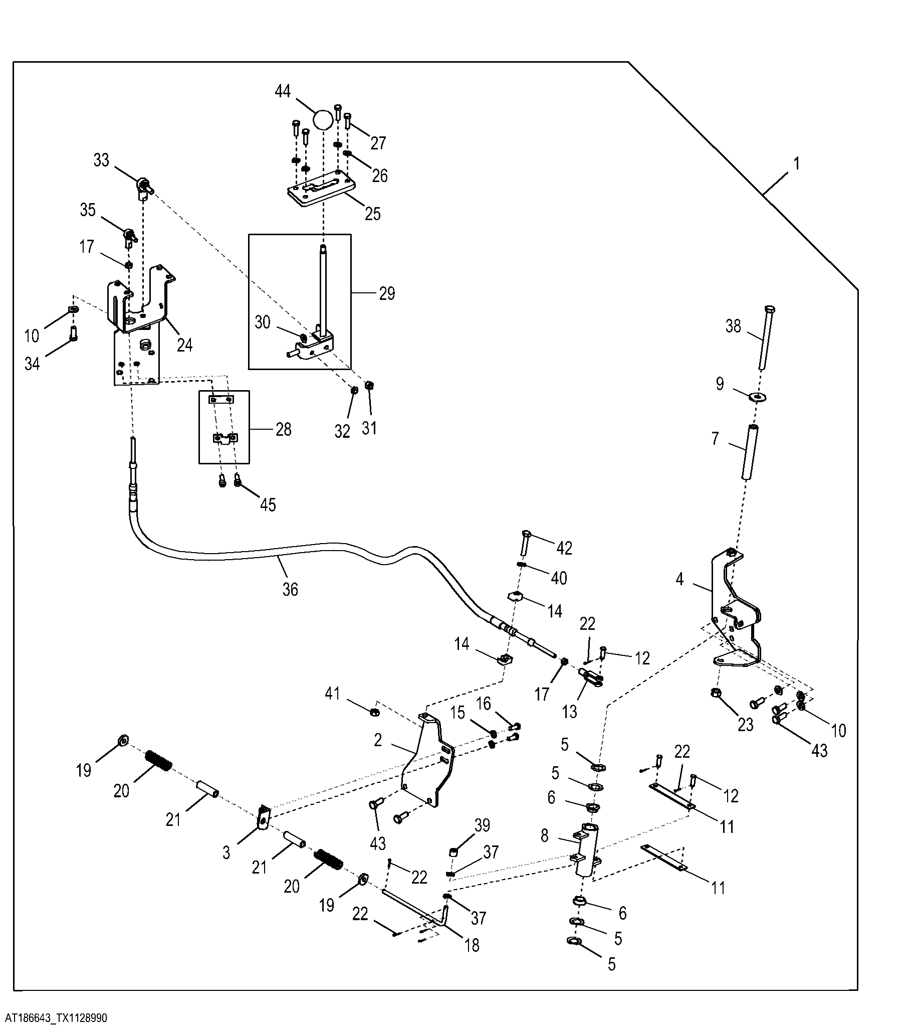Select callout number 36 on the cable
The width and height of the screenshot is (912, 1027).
pos(290,589)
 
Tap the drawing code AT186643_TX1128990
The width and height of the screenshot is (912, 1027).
pos(54,1018)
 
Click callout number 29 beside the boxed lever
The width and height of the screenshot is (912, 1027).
pos(387,293)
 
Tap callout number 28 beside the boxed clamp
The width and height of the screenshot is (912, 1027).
pos(283,430)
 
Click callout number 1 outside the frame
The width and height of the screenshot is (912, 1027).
pos(796,164)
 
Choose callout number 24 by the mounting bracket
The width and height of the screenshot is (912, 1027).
pos(185,345)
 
